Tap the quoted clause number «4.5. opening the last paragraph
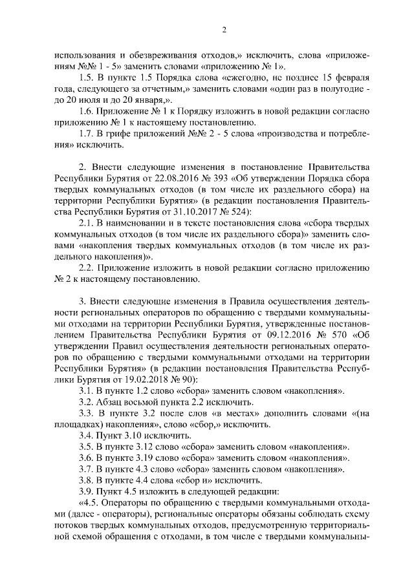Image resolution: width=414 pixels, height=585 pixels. (89, 503)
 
